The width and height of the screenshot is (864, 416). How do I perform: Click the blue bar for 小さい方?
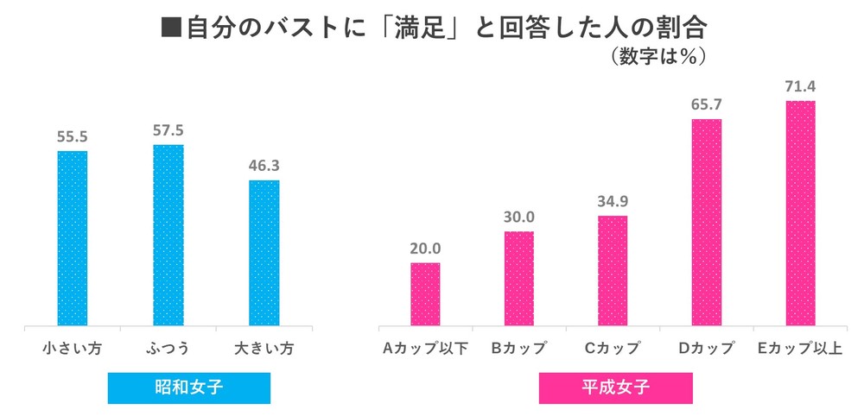click(73, 239)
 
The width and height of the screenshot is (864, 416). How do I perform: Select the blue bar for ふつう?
click(168, 236)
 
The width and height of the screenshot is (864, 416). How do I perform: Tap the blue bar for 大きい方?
click(264, 254)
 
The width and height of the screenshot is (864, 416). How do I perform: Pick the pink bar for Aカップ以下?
click(425, 294)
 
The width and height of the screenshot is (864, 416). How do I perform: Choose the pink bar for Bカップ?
click(519, 279)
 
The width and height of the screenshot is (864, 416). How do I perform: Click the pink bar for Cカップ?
click(613, 271)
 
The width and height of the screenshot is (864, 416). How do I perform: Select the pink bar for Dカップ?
click(708, 223)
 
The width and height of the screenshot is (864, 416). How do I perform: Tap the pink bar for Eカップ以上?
click(801, 214)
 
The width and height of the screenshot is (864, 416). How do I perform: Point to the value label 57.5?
click(168, 130)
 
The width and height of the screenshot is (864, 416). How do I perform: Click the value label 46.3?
click(264, 165)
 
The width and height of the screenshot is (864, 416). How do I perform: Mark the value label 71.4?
click(801, 85)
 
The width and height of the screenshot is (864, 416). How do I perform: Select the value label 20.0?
click(425, 248)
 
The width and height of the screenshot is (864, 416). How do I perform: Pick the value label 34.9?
click(613, 201)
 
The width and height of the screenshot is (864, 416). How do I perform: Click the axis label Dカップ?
click(708, 349)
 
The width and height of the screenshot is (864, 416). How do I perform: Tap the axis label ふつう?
click(168, 349)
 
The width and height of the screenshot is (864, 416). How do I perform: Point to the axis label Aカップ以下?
click(425, 349)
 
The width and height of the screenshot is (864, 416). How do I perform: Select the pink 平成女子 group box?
click(615, 388)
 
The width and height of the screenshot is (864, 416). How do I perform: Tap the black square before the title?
click(171, 28)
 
